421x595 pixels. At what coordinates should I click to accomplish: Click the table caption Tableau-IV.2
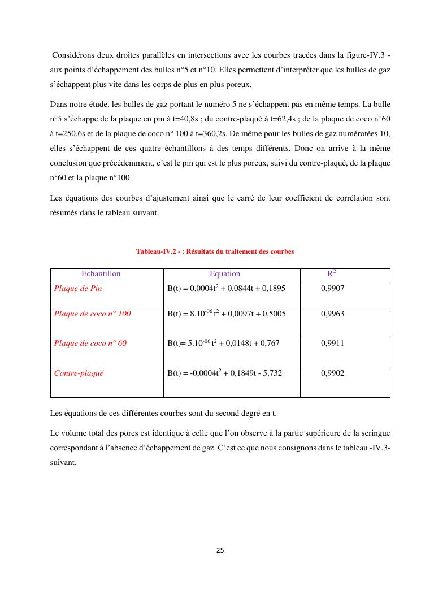click(215, 251)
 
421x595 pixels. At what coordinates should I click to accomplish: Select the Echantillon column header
click(101, 274)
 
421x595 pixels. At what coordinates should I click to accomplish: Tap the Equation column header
click(224, 274)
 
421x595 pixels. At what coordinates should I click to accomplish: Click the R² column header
click(332, 273)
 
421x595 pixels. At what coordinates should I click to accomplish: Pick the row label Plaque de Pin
click(78, 288)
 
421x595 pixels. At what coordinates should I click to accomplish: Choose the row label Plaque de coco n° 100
click(92, 314)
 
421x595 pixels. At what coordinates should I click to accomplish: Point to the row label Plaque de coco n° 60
click(90, 343)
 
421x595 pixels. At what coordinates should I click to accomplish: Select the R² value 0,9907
click(332, 288)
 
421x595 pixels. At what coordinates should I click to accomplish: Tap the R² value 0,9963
click(332, 314)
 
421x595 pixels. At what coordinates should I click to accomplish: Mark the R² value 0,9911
click(332, 343)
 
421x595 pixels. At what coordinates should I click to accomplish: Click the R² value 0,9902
click(332, 373)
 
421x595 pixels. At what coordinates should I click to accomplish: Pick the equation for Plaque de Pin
click(226, 288)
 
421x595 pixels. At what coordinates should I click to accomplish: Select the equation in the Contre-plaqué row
click(224, 373)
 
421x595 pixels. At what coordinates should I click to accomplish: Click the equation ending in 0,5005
click(226, 314)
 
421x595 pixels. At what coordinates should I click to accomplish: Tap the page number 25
click(220, 550)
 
